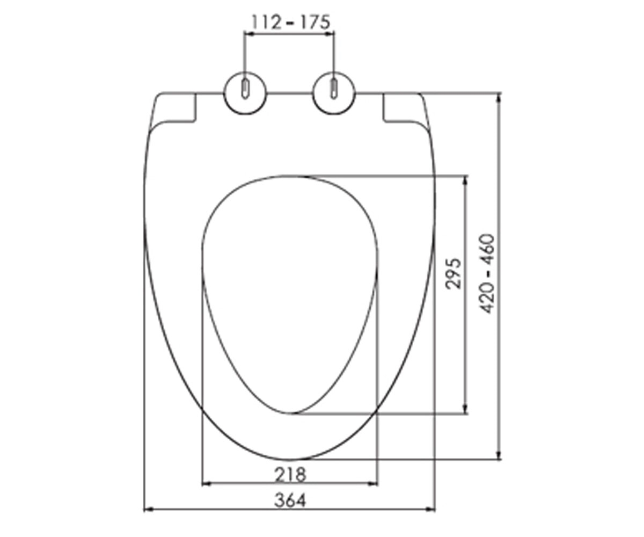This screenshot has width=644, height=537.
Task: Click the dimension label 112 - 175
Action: [291, 22]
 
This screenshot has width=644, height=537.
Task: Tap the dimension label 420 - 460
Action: [488, 274]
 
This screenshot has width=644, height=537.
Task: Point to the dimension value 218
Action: [290, 475]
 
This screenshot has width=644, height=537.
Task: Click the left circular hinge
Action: [245, 93]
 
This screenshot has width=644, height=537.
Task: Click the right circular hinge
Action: [334, 93]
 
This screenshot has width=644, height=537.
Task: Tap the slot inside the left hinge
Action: [245, 89]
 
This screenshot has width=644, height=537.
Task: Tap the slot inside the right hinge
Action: [334, 89]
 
